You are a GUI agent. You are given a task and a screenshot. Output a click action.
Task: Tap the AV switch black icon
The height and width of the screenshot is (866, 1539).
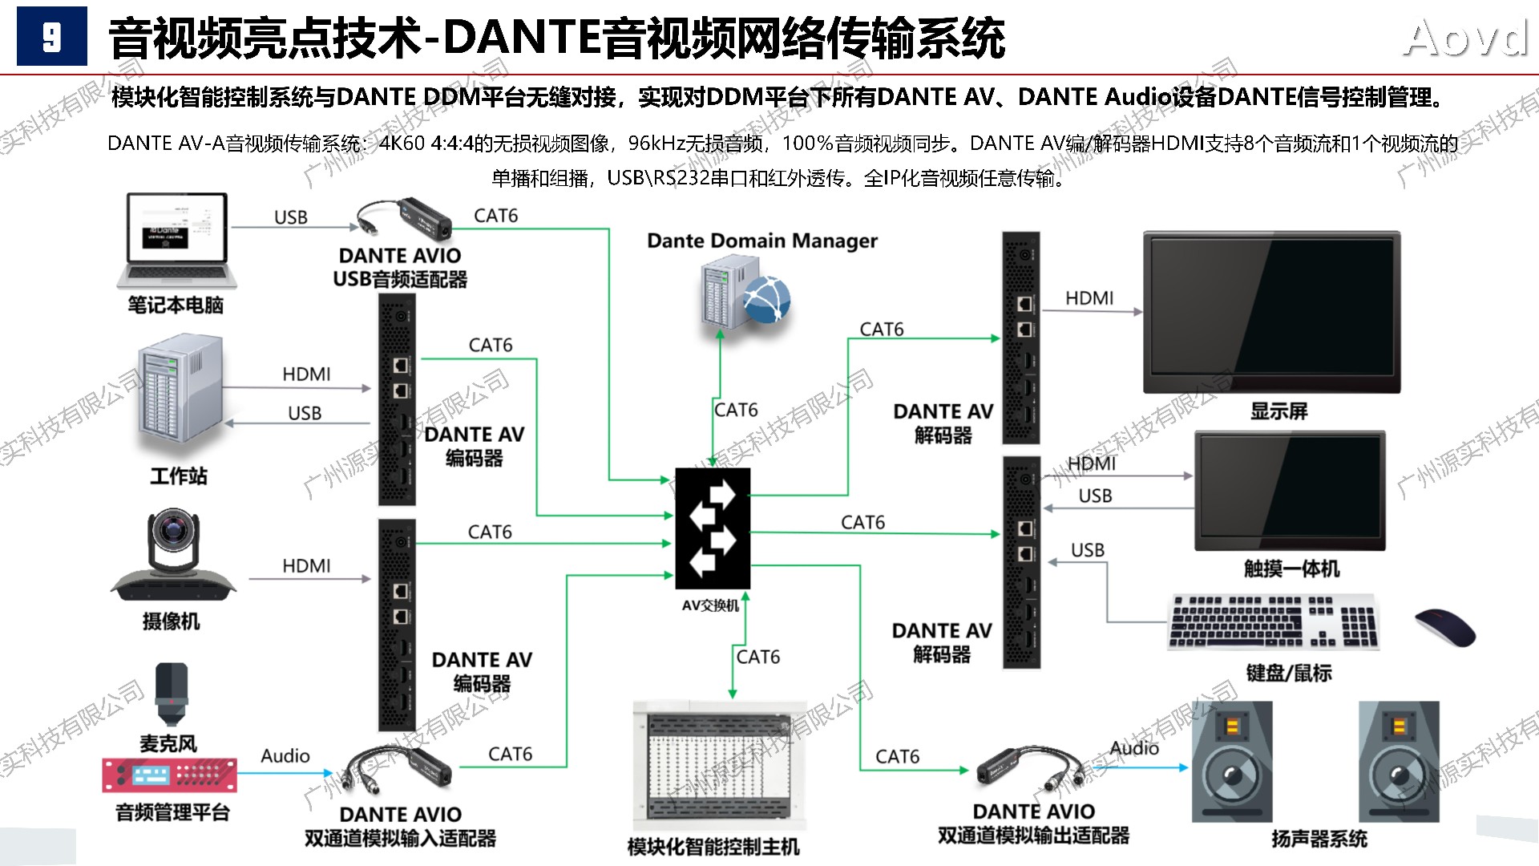[x=712, y=528]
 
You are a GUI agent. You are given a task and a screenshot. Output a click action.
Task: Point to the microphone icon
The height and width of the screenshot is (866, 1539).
[x=172, y=694]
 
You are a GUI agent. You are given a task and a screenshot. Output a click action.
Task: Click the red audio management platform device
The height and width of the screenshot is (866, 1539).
[x=169, y=775]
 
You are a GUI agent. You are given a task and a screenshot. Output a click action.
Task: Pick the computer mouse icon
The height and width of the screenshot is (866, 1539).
[x=1444, y=627]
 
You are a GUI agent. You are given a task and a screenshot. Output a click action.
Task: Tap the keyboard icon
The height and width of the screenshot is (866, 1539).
[x=1273, y=621]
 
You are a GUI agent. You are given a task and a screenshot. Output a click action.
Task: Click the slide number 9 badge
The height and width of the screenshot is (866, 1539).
[x=52, y=37]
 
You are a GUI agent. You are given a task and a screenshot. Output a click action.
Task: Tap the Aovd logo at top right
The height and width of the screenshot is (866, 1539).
[x=1465, y=38]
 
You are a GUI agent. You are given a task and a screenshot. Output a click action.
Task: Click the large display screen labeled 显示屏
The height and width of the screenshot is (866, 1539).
[x=1271, y=312]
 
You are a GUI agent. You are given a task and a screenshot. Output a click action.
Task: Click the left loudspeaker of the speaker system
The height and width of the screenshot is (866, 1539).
[x=1231, y=762]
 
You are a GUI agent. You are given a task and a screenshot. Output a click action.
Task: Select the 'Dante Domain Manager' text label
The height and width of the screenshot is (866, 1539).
[x=761, y=241]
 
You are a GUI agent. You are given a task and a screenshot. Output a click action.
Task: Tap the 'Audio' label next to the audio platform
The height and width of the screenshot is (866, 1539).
[x=285, y=755]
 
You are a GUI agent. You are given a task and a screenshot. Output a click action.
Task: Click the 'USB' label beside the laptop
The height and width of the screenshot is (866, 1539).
[x=290, y=217]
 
